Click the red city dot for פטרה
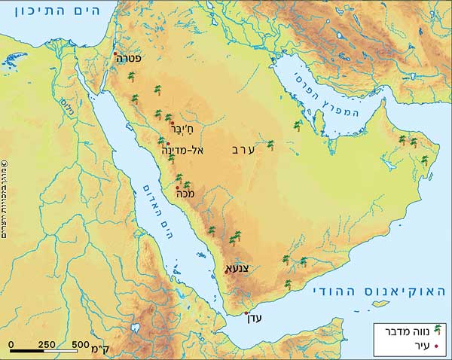click(115, 53)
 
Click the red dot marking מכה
click(178, 188)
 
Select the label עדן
click(255, 319)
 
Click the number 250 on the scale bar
click(46, 344)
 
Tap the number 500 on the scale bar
click(81, 344)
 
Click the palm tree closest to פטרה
click(131, 76)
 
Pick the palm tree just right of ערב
click(271, 145)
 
